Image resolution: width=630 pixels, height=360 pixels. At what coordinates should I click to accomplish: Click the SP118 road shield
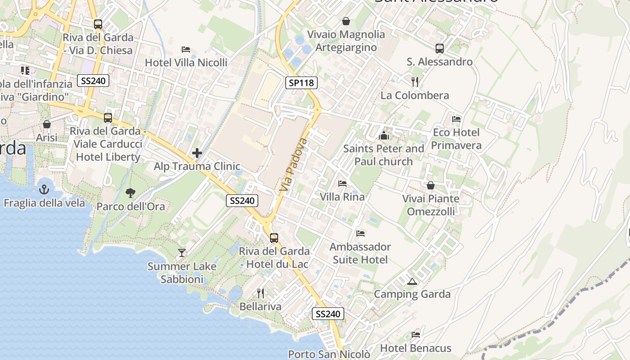[x=301, y=82]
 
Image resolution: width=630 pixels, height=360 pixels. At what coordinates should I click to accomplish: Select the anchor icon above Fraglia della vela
[x=44, y=189]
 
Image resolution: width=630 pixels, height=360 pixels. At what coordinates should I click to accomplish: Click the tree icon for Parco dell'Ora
[x=130, y=193]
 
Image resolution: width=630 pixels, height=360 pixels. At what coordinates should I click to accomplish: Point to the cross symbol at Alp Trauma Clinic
[x=197, y=153]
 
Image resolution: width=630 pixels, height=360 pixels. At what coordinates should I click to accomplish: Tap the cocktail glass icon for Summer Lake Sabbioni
[x=181, y=253]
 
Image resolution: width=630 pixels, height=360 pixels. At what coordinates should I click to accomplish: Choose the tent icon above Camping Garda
[x=412, y=282]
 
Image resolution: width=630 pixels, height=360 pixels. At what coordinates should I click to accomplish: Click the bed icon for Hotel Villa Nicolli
[x=186, y=49]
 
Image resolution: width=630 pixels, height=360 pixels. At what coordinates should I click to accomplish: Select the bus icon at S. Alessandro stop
[x=440, y=48]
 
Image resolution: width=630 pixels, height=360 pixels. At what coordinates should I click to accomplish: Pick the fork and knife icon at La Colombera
[x=415, y=82]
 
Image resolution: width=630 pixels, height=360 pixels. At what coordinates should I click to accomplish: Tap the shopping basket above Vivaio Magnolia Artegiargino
[x=346, y=21]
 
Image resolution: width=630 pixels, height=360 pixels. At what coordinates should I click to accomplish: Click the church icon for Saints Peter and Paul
[x=383, y=135]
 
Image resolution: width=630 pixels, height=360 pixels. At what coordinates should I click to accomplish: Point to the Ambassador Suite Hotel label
[x=360, y=253]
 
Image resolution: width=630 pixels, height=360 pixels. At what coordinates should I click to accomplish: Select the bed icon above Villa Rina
[x=342, y=184]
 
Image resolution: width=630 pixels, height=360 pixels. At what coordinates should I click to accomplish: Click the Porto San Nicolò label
[x=329, y=354]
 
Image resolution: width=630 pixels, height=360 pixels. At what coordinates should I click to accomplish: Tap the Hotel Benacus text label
[x=415, y=348]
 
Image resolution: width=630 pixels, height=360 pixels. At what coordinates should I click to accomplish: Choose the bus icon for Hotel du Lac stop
[x=274, y=238]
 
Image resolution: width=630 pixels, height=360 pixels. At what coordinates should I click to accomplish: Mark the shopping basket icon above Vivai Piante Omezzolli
[x=431, y=185]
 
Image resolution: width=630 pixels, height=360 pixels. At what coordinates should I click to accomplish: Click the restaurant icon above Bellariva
[x=261, y=293]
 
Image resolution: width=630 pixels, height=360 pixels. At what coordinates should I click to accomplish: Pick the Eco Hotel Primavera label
[x=456, y=139]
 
